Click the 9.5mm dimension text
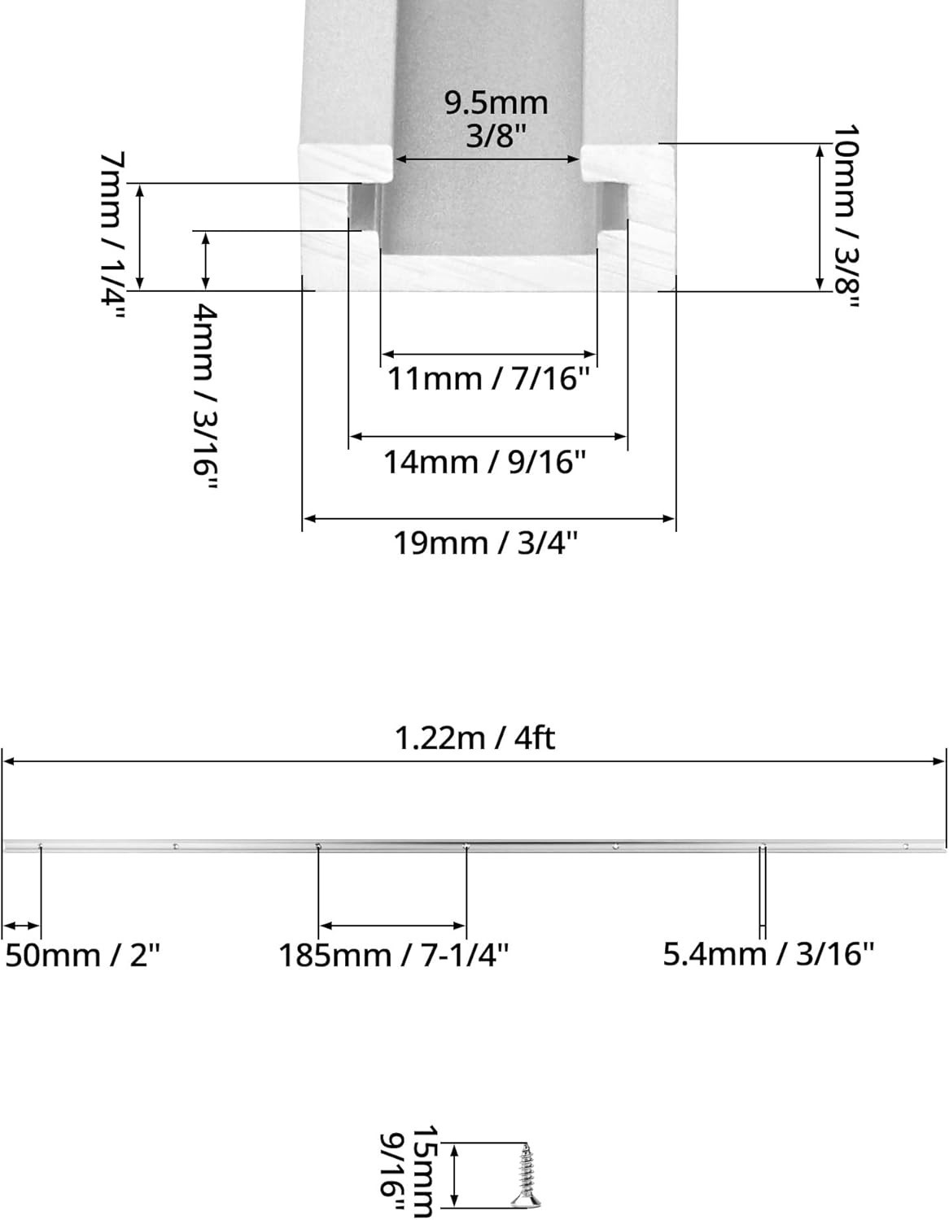[496, 103]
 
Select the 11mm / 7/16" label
[489, 380]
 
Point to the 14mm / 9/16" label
[484, 463]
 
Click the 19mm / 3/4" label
[485, 543]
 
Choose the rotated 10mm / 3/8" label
[845, 216]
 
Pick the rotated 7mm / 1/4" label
[112, 237]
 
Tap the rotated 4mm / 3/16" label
[205, 396]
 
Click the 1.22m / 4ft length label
[474, 739]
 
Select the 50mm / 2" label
[82, 955]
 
